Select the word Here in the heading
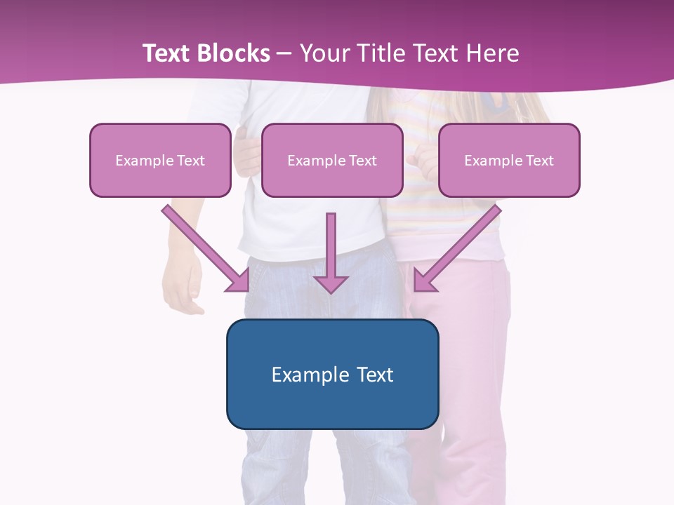[493, 53]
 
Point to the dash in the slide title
[284, 54]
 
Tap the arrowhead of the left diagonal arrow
[239, 281]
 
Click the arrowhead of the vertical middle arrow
[331, 283]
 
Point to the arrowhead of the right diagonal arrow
[424, 281]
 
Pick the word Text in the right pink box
[539, 161]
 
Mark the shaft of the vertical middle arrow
[331, 242]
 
